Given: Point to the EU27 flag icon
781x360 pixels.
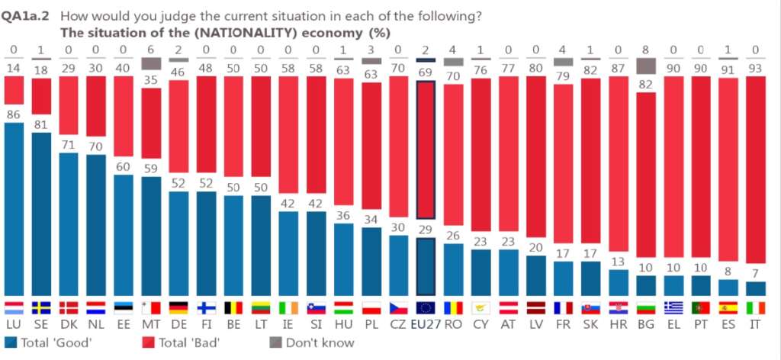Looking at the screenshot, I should [x=426, y=307].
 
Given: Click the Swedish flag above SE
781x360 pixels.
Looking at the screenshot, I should [x=43, y=307].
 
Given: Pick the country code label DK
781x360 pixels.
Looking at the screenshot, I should [x=69, y=324].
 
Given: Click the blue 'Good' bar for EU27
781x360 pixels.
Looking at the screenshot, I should [x=426, y=267].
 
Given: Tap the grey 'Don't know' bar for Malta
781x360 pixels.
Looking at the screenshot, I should [x=152, y=65].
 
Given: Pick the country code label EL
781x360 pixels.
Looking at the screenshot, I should [x=673, y=324].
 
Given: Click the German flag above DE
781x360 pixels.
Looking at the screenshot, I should [x=179, y=307].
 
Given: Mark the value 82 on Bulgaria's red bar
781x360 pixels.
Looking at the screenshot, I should [x=646, y=85].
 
